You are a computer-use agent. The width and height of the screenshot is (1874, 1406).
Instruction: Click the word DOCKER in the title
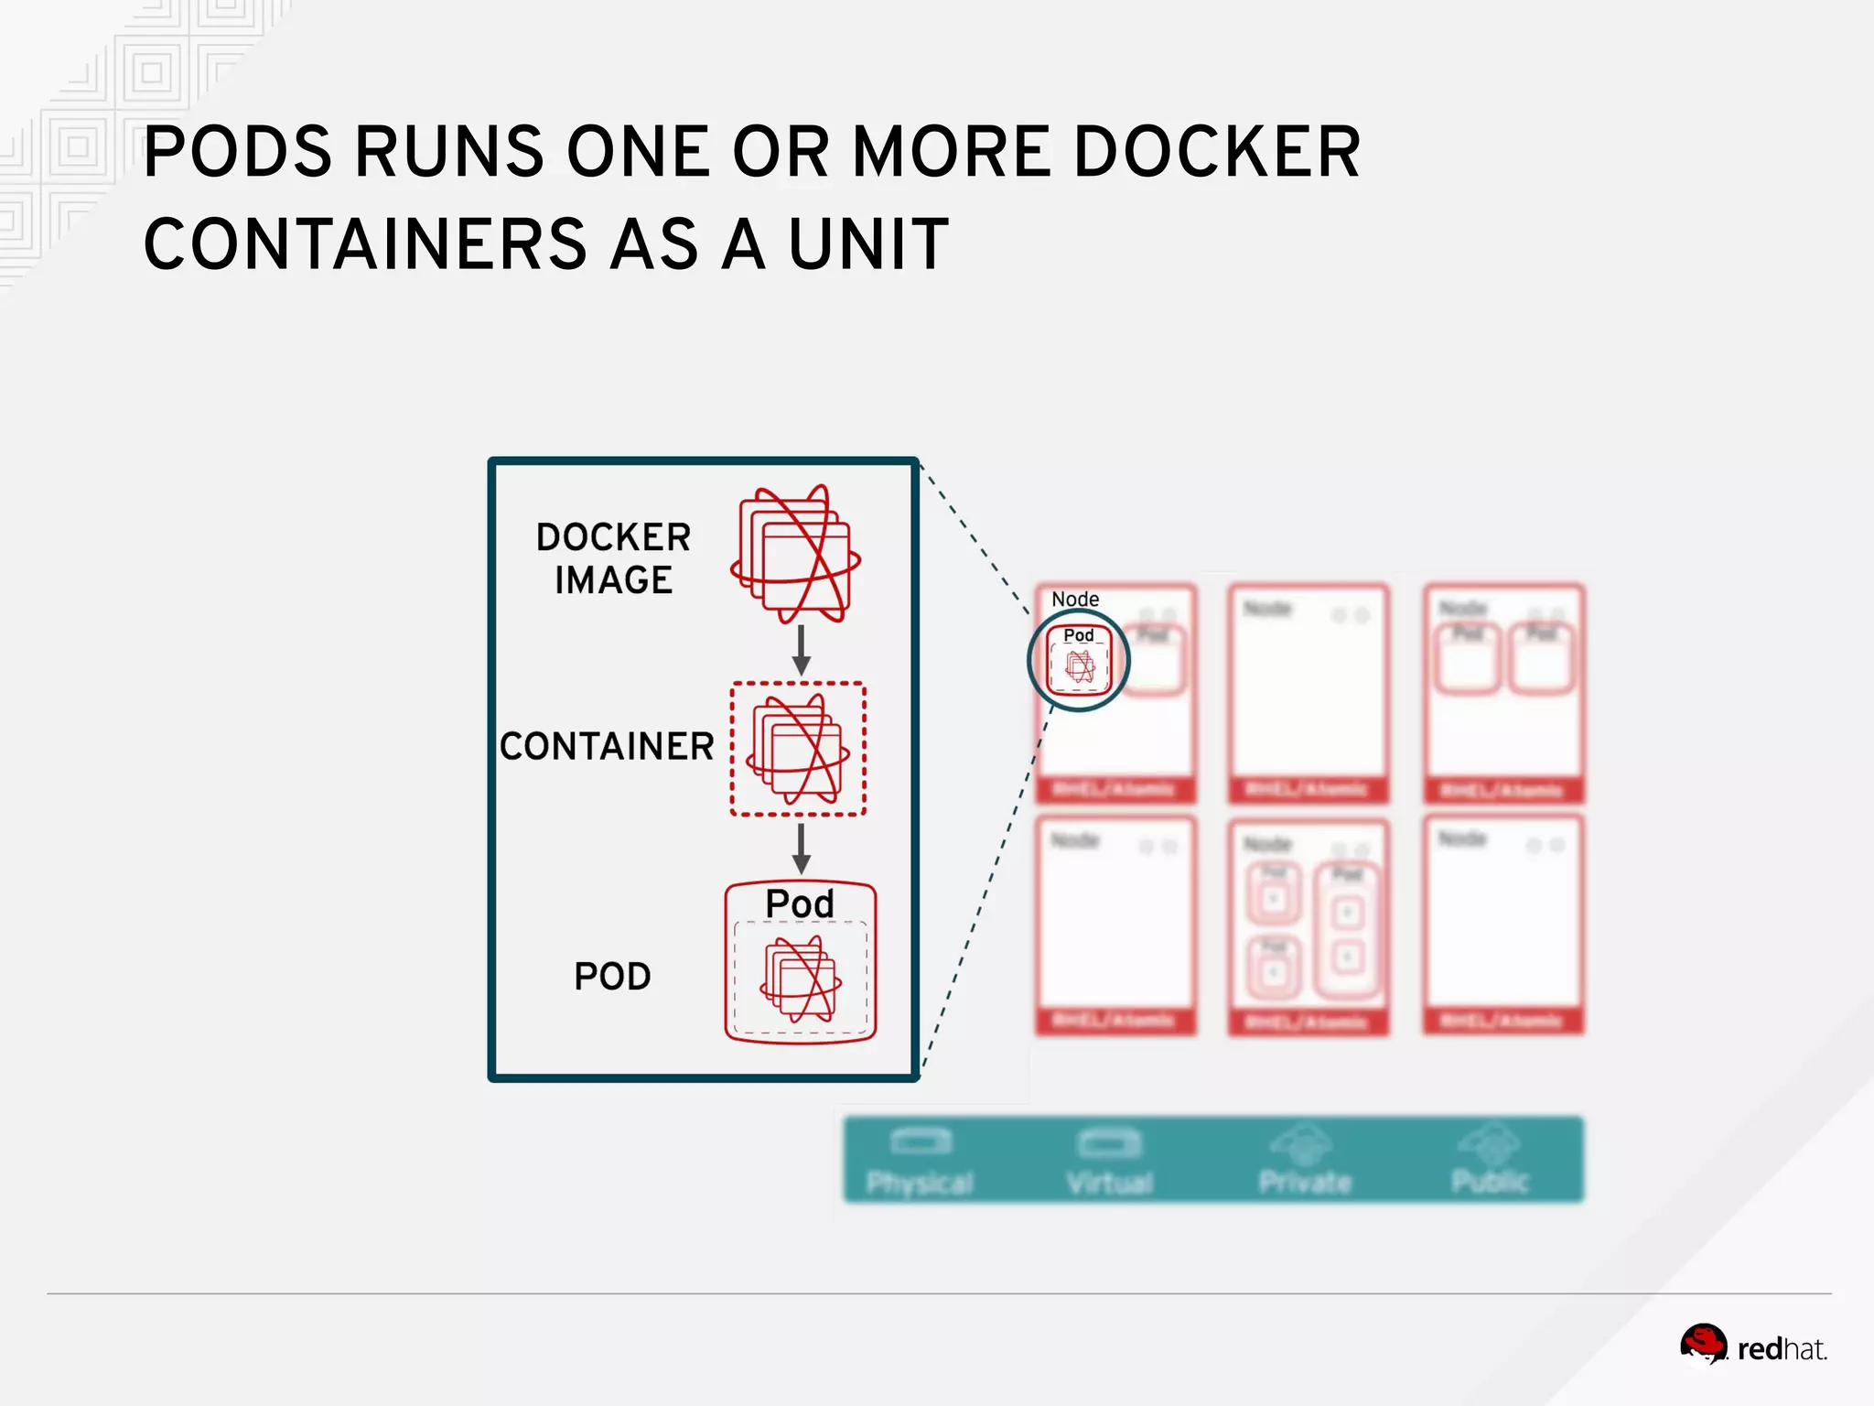coord(1217,152)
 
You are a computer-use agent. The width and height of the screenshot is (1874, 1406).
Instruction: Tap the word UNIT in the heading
coord(868,244)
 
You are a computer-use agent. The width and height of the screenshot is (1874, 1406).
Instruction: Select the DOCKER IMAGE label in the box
coord(613,558)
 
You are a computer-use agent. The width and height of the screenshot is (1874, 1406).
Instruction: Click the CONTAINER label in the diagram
coord(607,746)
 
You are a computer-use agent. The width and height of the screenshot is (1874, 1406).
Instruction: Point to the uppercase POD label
coord(612,977)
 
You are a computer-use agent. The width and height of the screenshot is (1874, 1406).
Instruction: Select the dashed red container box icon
coord(798,749)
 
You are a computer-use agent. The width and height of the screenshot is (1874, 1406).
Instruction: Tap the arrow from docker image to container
coord(801,650)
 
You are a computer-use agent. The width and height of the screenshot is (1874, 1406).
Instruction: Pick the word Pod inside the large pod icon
coord(800,904)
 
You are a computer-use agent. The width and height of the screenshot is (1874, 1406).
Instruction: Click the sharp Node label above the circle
coord(1075,600)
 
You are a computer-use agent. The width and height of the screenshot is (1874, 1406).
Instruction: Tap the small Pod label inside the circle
coord(1079,635)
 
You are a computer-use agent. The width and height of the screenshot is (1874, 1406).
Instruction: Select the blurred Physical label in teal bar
coord(920,1183)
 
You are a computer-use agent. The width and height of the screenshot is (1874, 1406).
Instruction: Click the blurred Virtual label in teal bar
coord(1109,1183)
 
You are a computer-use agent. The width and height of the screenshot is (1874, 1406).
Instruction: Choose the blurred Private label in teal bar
coord(1305,1182)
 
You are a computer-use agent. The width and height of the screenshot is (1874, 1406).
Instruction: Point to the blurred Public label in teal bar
coord(1490,1181)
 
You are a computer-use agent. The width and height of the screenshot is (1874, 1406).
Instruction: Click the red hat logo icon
coord(1703,1344)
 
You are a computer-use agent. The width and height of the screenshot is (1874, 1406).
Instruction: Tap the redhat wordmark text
coord(1781,1349)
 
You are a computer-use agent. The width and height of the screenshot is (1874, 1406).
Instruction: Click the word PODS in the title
coord(238,152)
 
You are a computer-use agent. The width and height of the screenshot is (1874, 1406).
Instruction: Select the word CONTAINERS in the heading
coord(365,244)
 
